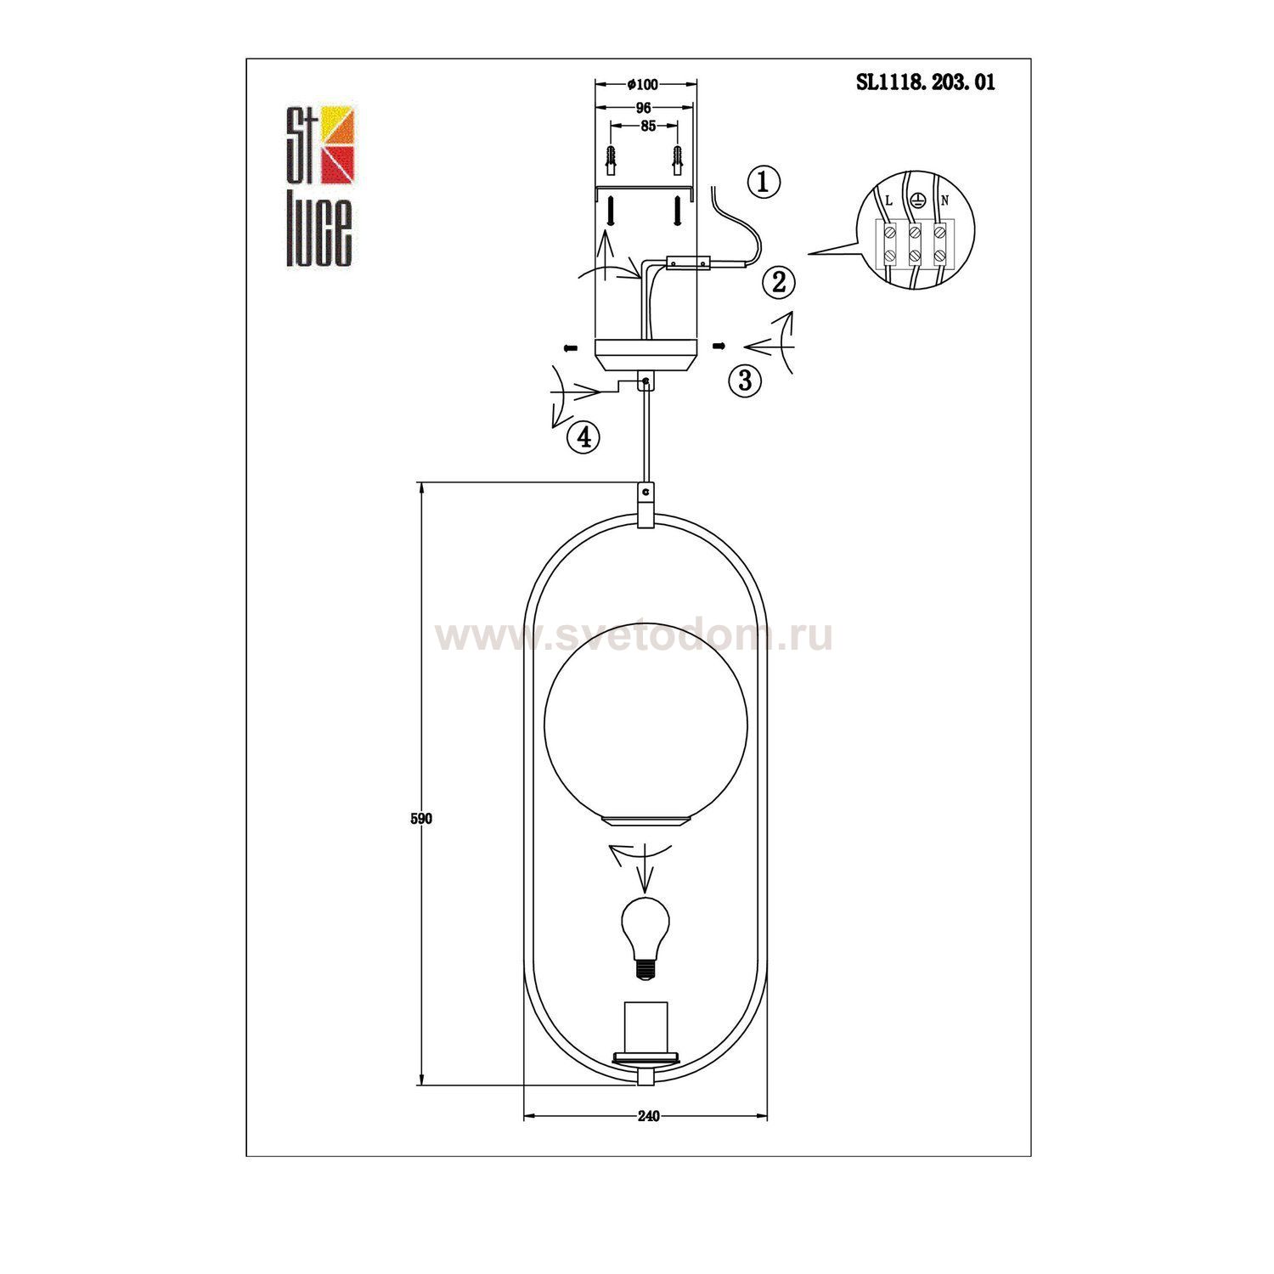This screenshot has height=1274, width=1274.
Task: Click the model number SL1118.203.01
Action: coord(925,82)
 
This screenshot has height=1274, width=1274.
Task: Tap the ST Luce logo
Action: coord(318,186)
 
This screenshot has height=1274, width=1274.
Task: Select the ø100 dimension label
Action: coord(643,84)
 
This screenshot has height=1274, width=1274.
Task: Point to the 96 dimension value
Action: coord(643,108)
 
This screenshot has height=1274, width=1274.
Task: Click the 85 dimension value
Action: coord(647,127)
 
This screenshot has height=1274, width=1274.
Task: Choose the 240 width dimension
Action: coord(647,1116)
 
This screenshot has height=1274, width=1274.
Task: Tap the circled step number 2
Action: coord(779,282)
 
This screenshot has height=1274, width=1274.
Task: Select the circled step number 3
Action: coord(745,380)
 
